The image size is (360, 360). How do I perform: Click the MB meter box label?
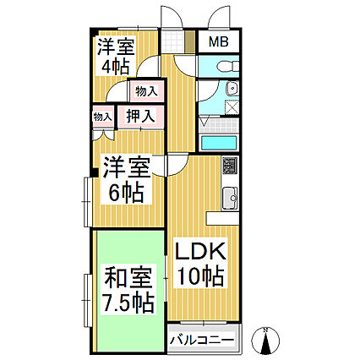click(x=219, y=42)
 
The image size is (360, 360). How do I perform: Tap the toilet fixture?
click(x=227, y=67)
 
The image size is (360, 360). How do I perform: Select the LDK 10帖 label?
click(x=200, y=264)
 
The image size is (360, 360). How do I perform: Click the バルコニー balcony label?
click(x=202, y=341)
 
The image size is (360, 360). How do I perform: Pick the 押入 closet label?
click(x=140, y=117)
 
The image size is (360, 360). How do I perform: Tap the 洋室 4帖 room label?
click(x=116, y=56)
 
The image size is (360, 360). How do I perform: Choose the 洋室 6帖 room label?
click(x=127, y=180)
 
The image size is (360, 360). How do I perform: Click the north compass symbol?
click(x=265, y=341)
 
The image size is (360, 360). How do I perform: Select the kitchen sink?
click(x=230, y=198)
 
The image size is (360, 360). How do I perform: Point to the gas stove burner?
click(x=230, y=166)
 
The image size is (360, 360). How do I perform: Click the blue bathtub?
click(x=219, y=143)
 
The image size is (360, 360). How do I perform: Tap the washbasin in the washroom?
click(x=232, y=88)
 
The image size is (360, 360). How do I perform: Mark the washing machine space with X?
click(x=232, y=107)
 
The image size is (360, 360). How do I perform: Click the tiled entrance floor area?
click(x=173, y=41)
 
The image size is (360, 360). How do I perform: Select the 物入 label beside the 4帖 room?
click(x=145, y=91)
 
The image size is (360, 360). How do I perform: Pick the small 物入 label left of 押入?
click(x=102, y=117)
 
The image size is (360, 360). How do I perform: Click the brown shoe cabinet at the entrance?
click(x=190, y=41)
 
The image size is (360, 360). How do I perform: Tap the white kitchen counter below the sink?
click(x=222, y=219)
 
